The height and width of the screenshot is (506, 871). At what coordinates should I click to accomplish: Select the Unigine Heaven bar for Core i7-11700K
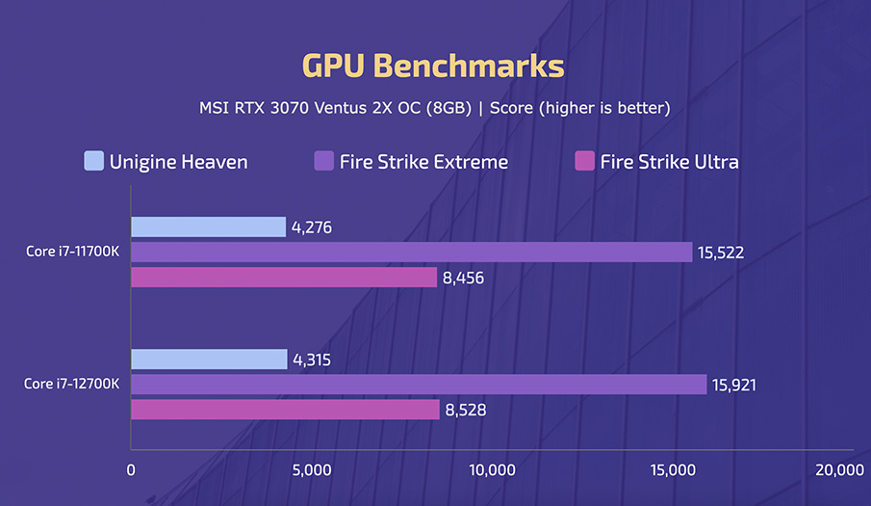tap(208, 227)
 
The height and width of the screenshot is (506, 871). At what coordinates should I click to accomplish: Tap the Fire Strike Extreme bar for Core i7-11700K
tap(411, 253)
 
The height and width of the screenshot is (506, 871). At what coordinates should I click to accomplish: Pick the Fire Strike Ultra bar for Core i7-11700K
tap(284, 278)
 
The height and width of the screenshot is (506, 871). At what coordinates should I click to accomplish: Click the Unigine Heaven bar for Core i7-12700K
tap(209, 360)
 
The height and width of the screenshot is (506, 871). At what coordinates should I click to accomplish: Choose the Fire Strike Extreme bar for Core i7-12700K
tap(419, 385)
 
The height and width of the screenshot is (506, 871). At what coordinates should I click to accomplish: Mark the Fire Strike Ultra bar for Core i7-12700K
tap(285, 410)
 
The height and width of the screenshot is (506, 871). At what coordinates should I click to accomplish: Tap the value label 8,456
tap(464, 279)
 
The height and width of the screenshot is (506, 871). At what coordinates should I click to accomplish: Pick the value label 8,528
tap(466, 411)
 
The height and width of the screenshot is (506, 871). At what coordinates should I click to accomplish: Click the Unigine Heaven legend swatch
tap(93, 161)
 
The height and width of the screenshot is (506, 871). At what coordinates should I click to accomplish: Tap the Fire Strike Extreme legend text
tap(423, 162)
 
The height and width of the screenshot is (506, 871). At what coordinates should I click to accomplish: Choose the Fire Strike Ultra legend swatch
tap(583, 161)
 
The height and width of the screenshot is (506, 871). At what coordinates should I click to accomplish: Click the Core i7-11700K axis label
tap(73, 253)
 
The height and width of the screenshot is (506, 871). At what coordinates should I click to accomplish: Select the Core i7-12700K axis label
tap(73, 385)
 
